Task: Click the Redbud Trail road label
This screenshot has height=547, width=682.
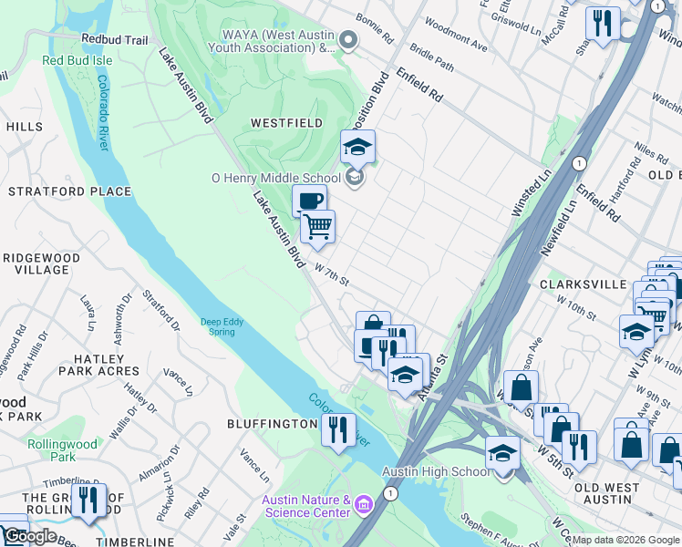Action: point(114,40)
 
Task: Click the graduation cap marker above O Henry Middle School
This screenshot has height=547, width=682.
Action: point(358,147)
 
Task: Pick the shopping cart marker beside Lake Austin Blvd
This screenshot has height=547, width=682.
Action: point(317,226)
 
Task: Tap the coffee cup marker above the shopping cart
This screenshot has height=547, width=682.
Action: point(309,201)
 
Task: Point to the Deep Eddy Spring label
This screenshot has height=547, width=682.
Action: point(218,326)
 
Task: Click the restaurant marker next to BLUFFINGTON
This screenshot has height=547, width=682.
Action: point(338,428)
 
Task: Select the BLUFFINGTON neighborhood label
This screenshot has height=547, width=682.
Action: point(272,425)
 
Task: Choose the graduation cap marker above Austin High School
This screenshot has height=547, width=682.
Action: point(502,453)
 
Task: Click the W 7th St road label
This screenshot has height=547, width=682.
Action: point(332,274)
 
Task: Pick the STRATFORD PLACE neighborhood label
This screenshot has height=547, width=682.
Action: point(70,191)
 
